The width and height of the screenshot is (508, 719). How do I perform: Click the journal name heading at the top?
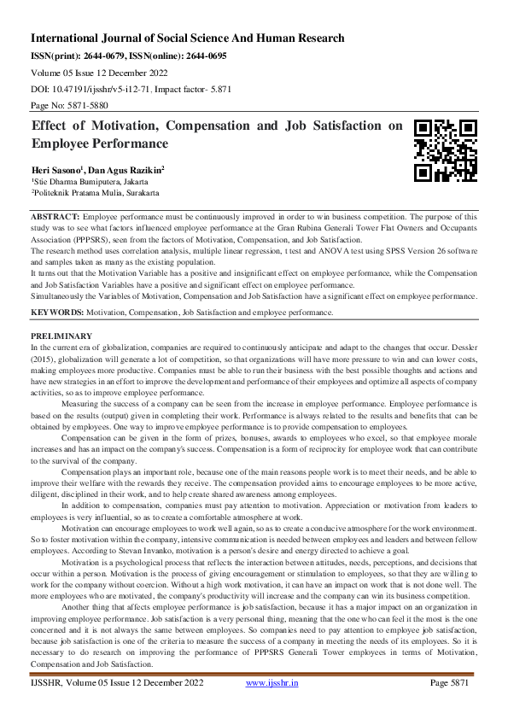pyautogui.click(x=188, y=38)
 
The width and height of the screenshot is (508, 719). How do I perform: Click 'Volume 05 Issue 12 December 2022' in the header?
pyautogui.click(x=96, y=73)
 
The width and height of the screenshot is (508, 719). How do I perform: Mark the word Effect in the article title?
pyautogui.click(x=53, y=126)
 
